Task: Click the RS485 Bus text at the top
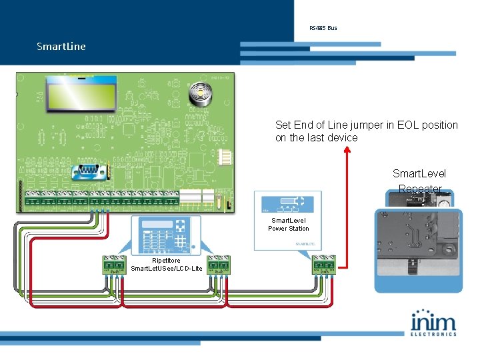click(323, 28)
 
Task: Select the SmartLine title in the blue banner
click(61, 47)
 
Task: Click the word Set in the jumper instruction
click(283, 125)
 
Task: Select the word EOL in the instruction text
click(401, 125)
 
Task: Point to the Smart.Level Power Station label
click(289, 224)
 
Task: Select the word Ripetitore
click(166, 261)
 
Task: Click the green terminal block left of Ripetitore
click(115, 265)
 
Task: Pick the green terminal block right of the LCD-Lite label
click(219, 265)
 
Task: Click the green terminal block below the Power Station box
click(323, 265)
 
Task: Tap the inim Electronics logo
click(433, 323)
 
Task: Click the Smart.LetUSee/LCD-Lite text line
click(167, 268)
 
